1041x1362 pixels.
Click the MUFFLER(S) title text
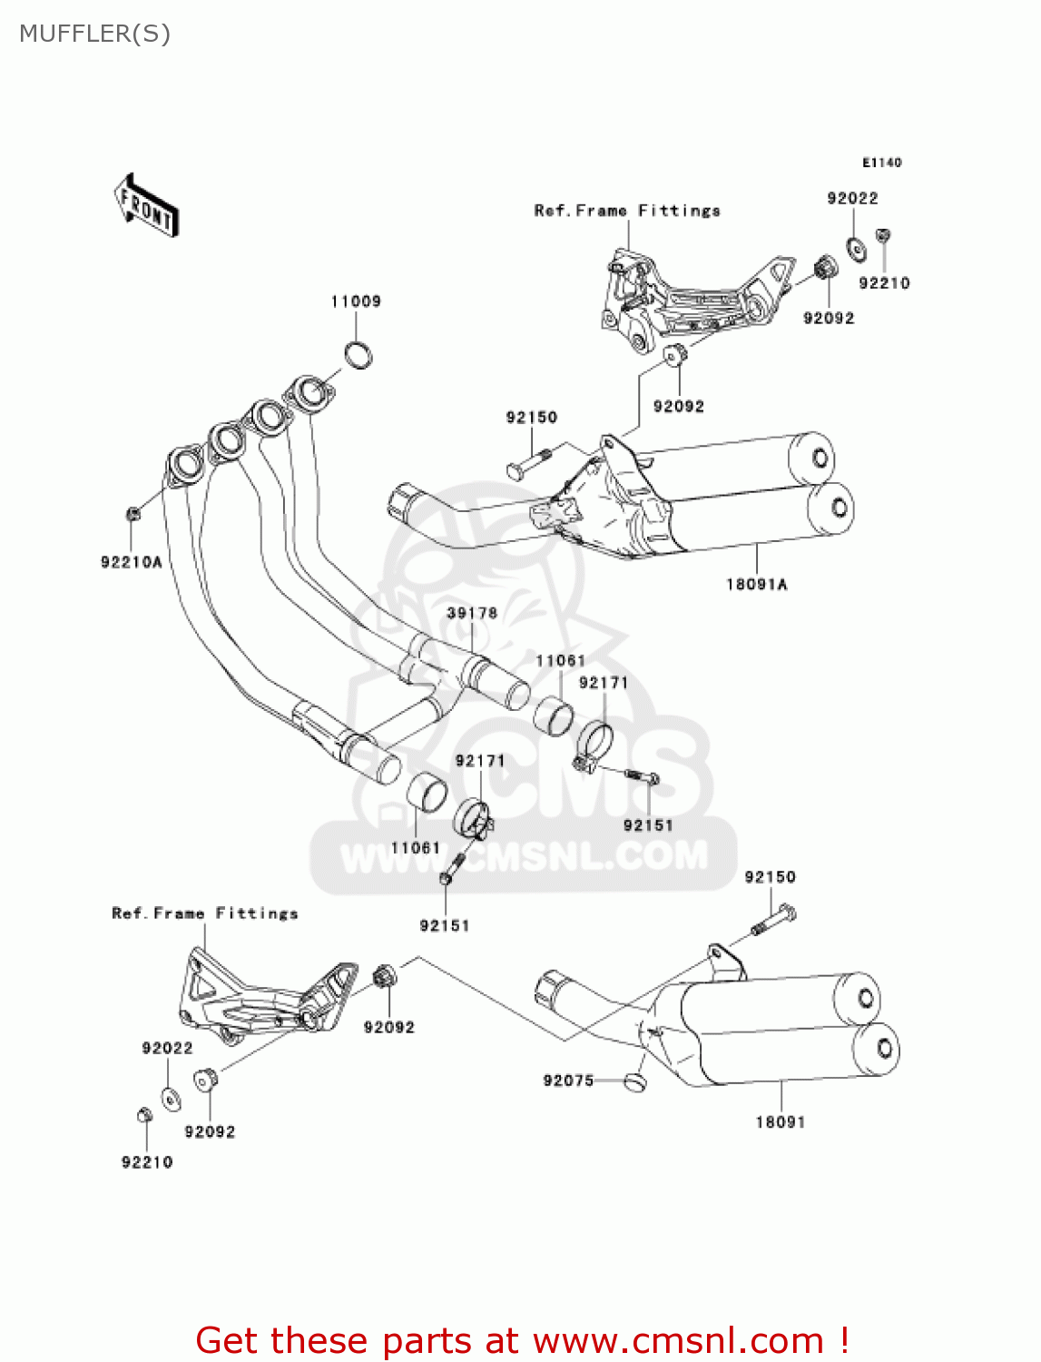[94, 34]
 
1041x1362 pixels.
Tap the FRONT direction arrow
[146, 206]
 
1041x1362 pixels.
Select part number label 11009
[356, 301]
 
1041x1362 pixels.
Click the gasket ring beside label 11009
[359, 354]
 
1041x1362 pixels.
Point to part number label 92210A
[132, 562]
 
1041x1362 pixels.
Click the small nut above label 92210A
[133, 514]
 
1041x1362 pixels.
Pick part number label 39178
[472, 613]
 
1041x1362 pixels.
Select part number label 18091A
[757, 584]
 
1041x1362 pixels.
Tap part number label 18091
[781, 1122]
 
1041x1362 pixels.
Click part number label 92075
[568, 1081]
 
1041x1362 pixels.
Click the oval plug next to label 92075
[634, 1081]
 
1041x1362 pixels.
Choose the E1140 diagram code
[881, 163]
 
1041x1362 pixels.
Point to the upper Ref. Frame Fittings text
[627, 211]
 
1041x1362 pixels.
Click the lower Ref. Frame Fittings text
[205, 913]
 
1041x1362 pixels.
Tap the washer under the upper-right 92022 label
[855, 248]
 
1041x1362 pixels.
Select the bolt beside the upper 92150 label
[527, 461]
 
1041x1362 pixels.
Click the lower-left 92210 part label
[147, 1162]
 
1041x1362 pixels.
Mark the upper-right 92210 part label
[884, 283]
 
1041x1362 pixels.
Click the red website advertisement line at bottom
[523, 1340]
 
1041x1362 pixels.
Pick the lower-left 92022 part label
[167, 1048]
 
